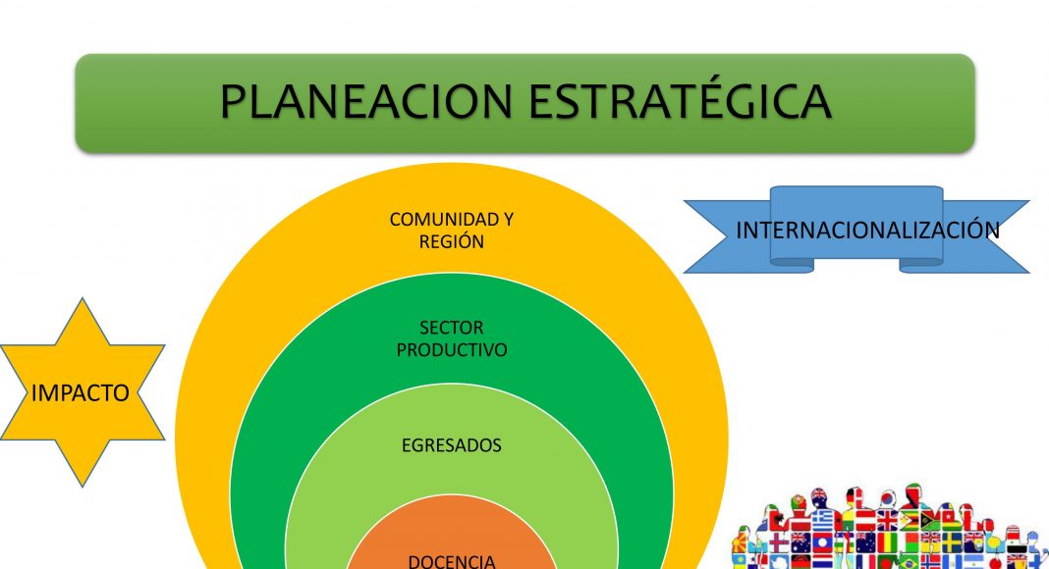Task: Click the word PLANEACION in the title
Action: click(x=366, y=101)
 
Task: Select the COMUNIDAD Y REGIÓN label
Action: click(x=452, y=231)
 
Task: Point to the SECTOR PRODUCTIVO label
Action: click(x=452, y=338)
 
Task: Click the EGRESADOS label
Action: click(x=452, y=445)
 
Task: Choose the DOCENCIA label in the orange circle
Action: click(x=452, y=562)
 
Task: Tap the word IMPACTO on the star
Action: click(x=81, y=393)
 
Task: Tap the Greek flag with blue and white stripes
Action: click(x=822, y=520)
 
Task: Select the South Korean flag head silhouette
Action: click(x=888, y=498)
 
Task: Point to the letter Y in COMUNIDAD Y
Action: click(x=508, y=220)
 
